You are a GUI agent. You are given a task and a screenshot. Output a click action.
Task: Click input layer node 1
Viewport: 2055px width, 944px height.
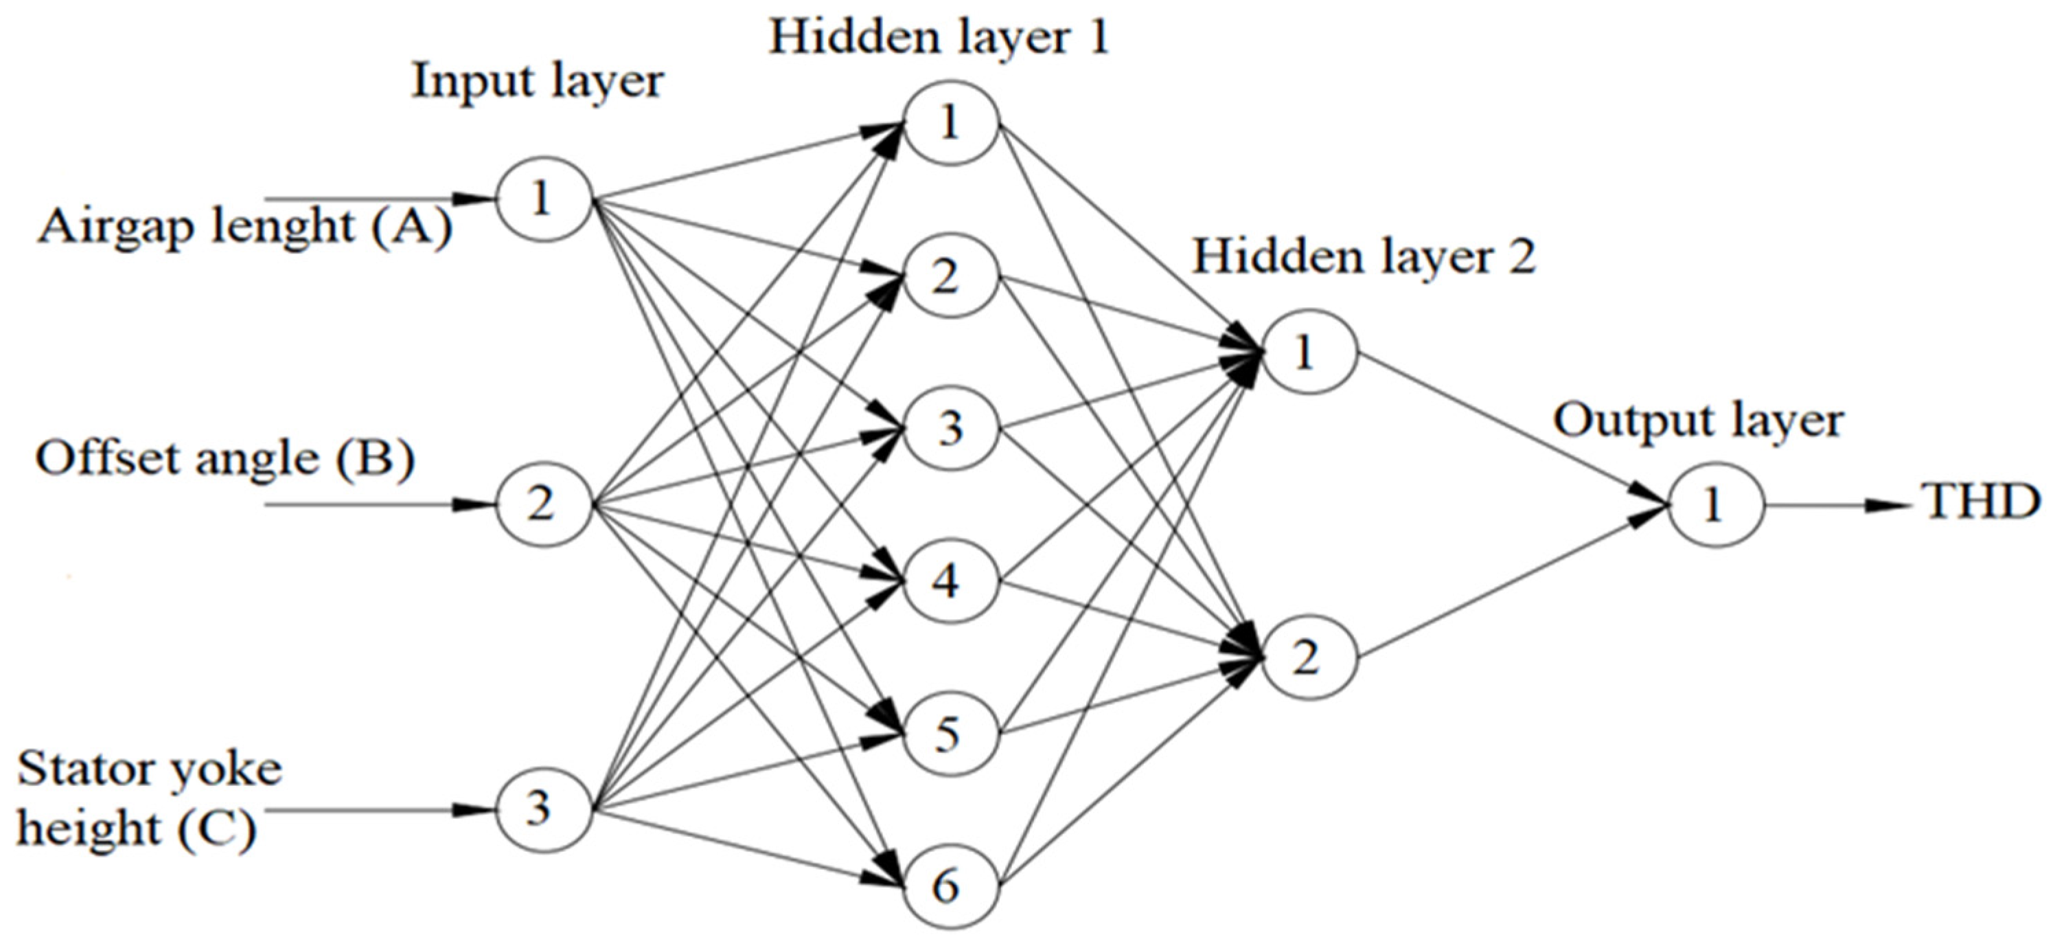pos(543,199)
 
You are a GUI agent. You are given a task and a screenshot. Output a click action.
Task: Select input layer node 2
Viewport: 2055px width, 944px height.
pos(543,504)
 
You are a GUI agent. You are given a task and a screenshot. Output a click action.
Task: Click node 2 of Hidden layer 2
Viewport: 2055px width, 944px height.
pos(1308,658)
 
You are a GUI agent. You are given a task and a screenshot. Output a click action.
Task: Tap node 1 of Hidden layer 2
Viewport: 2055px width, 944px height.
pos(1308,352)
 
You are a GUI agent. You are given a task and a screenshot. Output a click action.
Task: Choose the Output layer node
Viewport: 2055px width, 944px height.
pos(1715,504)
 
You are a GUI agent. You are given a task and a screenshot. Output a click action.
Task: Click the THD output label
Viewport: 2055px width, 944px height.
pos(1982,504)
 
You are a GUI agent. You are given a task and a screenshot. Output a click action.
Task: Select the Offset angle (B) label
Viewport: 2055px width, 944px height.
pos(225,460)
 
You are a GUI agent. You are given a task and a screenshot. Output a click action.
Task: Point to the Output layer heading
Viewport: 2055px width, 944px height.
pos(1697,420)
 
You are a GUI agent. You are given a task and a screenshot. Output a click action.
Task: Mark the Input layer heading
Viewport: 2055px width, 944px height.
pos(537,81)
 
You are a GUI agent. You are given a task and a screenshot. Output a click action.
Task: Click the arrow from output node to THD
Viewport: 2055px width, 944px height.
pos(1835,505)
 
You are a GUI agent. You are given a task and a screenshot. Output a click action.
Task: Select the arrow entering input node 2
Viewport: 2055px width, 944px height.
pos(375,505)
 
